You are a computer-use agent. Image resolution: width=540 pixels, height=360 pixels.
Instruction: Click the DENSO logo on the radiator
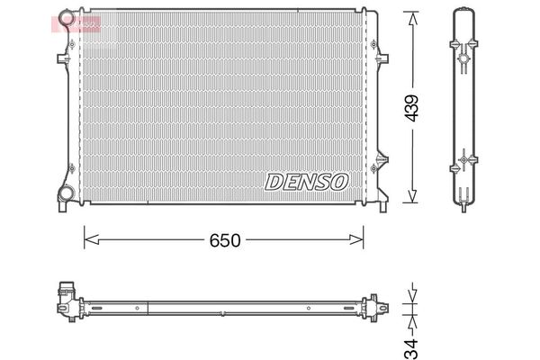(x=306, y=181)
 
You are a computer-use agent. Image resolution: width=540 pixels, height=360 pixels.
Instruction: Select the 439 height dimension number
(x=411, y=108)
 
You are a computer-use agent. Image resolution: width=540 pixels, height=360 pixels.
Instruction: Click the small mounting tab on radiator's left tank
(x=63, y=58)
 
